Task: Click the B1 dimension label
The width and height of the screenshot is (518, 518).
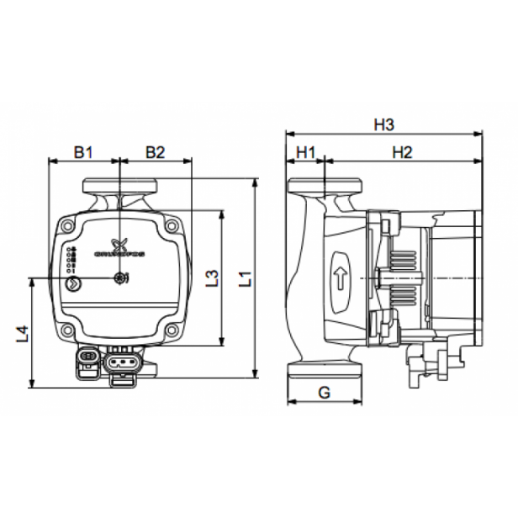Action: tap(82, 152)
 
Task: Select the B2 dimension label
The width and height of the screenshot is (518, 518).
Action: tap(155, 152)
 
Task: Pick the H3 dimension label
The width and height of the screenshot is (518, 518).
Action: tap(383, 124)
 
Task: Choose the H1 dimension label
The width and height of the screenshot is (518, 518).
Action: tap(304, 152)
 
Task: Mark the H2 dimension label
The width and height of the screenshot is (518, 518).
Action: tap(402, 152)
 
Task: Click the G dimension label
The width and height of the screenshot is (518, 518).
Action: tap(324, 391)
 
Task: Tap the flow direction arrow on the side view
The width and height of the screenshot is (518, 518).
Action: tap(341, 277)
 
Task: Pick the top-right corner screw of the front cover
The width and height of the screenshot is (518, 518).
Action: tap(172, 225)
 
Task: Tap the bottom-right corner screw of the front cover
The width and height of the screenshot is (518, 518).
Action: tap(172, 330)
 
